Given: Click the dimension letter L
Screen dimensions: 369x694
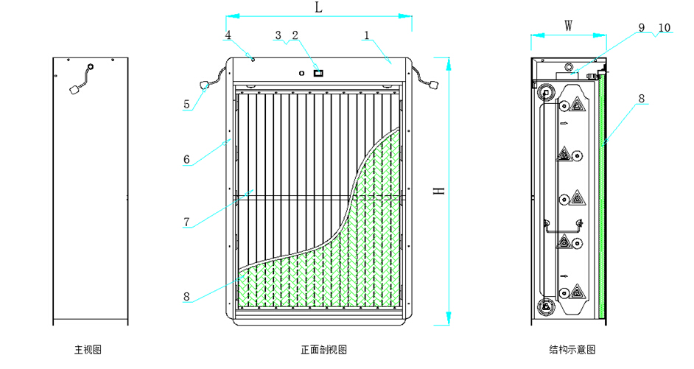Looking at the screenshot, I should pyautogui.click(x=318, y=7).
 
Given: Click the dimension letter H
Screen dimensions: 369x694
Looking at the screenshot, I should pyautogui.click(x=438, y=190).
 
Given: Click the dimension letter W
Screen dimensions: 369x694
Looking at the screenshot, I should pyautogui.click(x=569, y=25).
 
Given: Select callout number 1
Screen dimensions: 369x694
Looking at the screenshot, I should pyautogui.click(x=367, y=35).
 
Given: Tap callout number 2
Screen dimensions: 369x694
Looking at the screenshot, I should pyautogui.click(x=295, y=35).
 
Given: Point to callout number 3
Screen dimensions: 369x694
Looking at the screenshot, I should pyautogui.click(x=278, y=35).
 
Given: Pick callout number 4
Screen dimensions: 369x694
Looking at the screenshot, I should pyautogui.click(x=228, y=35).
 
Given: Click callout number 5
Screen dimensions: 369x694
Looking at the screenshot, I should pyautogui.click(x=187, y=105).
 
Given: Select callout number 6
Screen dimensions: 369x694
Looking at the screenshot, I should pyautogui.click(x=187, y=158).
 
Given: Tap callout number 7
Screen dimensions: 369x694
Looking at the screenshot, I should pyautogui.click(x=187, y=221).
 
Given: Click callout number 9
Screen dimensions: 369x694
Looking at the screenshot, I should pyautogui.click(x=641, y=27).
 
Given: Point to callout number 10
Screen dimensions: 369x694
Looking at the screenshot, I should pyautogui.click(x=664, y=27).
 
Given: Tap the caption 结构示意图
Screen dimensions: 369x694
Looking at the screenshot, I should pyautogui.click(x=572, y=348).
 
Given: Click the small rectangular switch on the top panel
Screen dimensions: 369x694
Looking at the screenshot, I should pyautogui.click(x=319, y=72).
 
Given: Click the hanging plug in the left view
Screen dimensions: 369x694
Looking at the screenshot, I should pyautogui.click(x=74, y=90).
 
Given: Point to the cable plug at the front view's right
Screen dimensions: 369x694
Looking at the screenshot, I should pyautogui.click(x=433, y=86).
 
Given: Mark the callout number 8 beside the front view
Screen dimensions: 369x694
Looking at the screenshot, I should pyautogui.click(x=187, y=297).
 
